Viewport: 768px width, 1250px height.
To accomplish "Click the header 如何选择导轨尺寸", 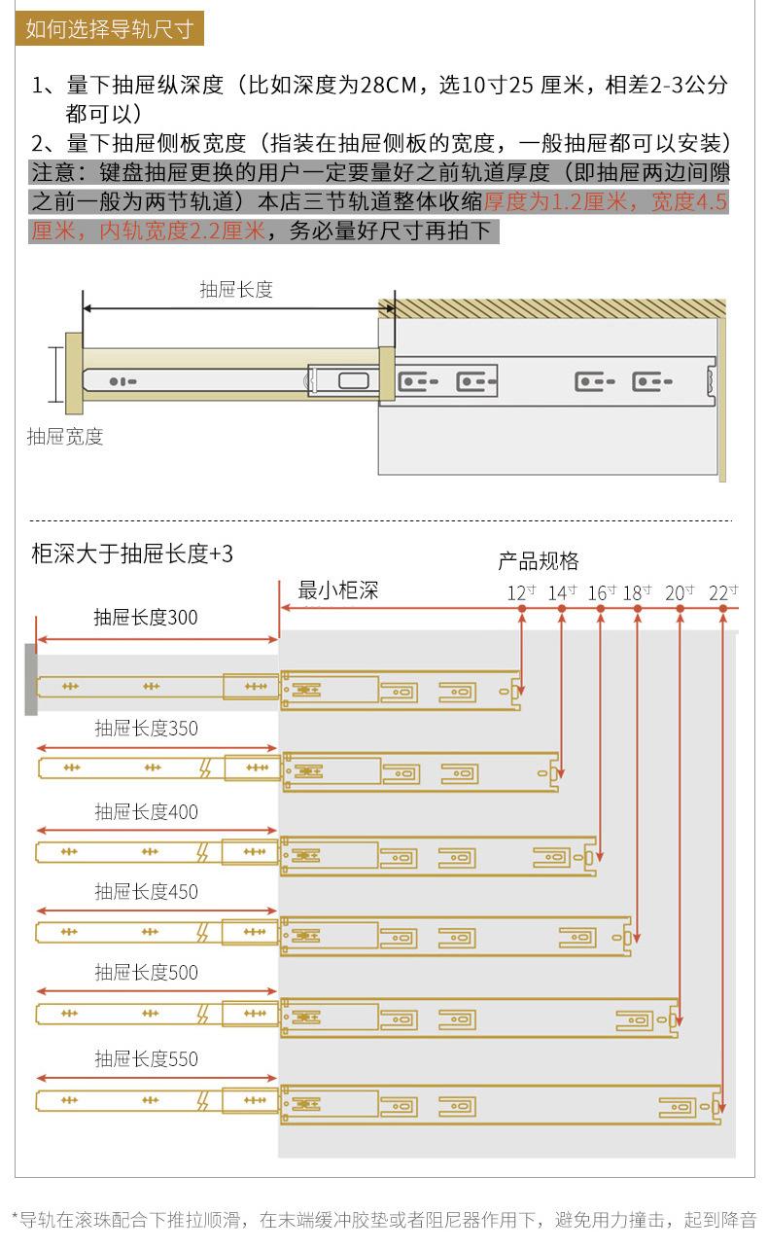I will [x=109, y=28].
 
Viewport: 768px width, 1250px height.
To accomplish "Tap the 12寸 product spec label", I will [x=521, y=592].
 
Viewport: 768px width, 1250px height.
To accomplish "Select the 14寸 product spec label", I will [x=562, y=592].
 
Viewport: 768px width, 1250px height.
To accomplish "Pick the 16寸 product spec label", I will [x=602, y=592].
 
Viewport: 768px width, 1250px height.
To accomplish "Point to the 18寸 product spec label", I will [x=638, y=592].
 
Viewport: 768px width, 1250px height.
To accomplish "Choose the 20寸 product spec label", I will [x=680, y=592].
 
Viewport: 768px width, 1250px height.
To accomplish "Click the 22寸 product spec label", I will [x=723, y=592].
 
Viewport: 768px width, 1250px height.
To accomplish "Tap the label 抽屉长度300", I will [x=146, y=617].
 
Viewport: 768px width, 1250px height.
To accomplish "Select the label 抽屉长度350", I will [x=146, y=728].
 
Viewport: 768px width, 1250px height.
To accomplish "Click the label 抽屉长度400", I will [x=146, y=811].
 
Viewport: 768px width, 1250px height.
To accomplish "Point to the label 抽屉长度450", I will [x=146, y=891].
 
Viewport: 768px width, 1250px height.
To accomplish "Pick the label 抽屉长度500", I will [x=146, y=972].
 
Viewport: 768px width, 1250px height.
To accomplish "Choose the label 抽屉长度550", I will [x=146, y=1059].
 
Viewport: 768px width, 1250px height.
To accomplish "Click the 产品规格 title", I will [x=539, y=561].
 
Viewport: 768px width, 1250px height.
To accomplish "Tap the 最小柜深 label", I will [x=337, y=590].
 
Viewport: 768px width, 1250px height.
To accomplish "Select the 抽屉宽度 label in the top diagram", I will [x=64, y=437].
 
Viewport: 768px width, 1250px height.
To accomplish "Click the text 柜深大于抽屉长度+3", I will [x=132, y=554].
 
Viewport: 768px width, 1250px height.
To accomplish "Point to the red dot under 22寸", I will [x=723, y=609].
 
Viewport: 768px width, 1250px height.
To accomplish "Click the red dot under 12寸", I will [x=522, y=609].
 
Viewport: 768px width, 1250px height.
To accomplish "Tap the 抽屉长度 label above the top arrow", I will [x=236, y=289].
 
